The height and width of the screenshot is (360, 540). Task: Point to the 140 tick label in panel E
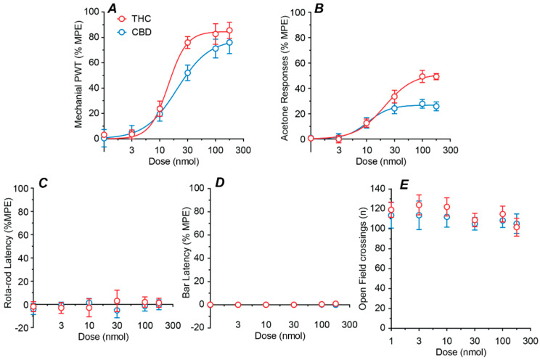(376, 189)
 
